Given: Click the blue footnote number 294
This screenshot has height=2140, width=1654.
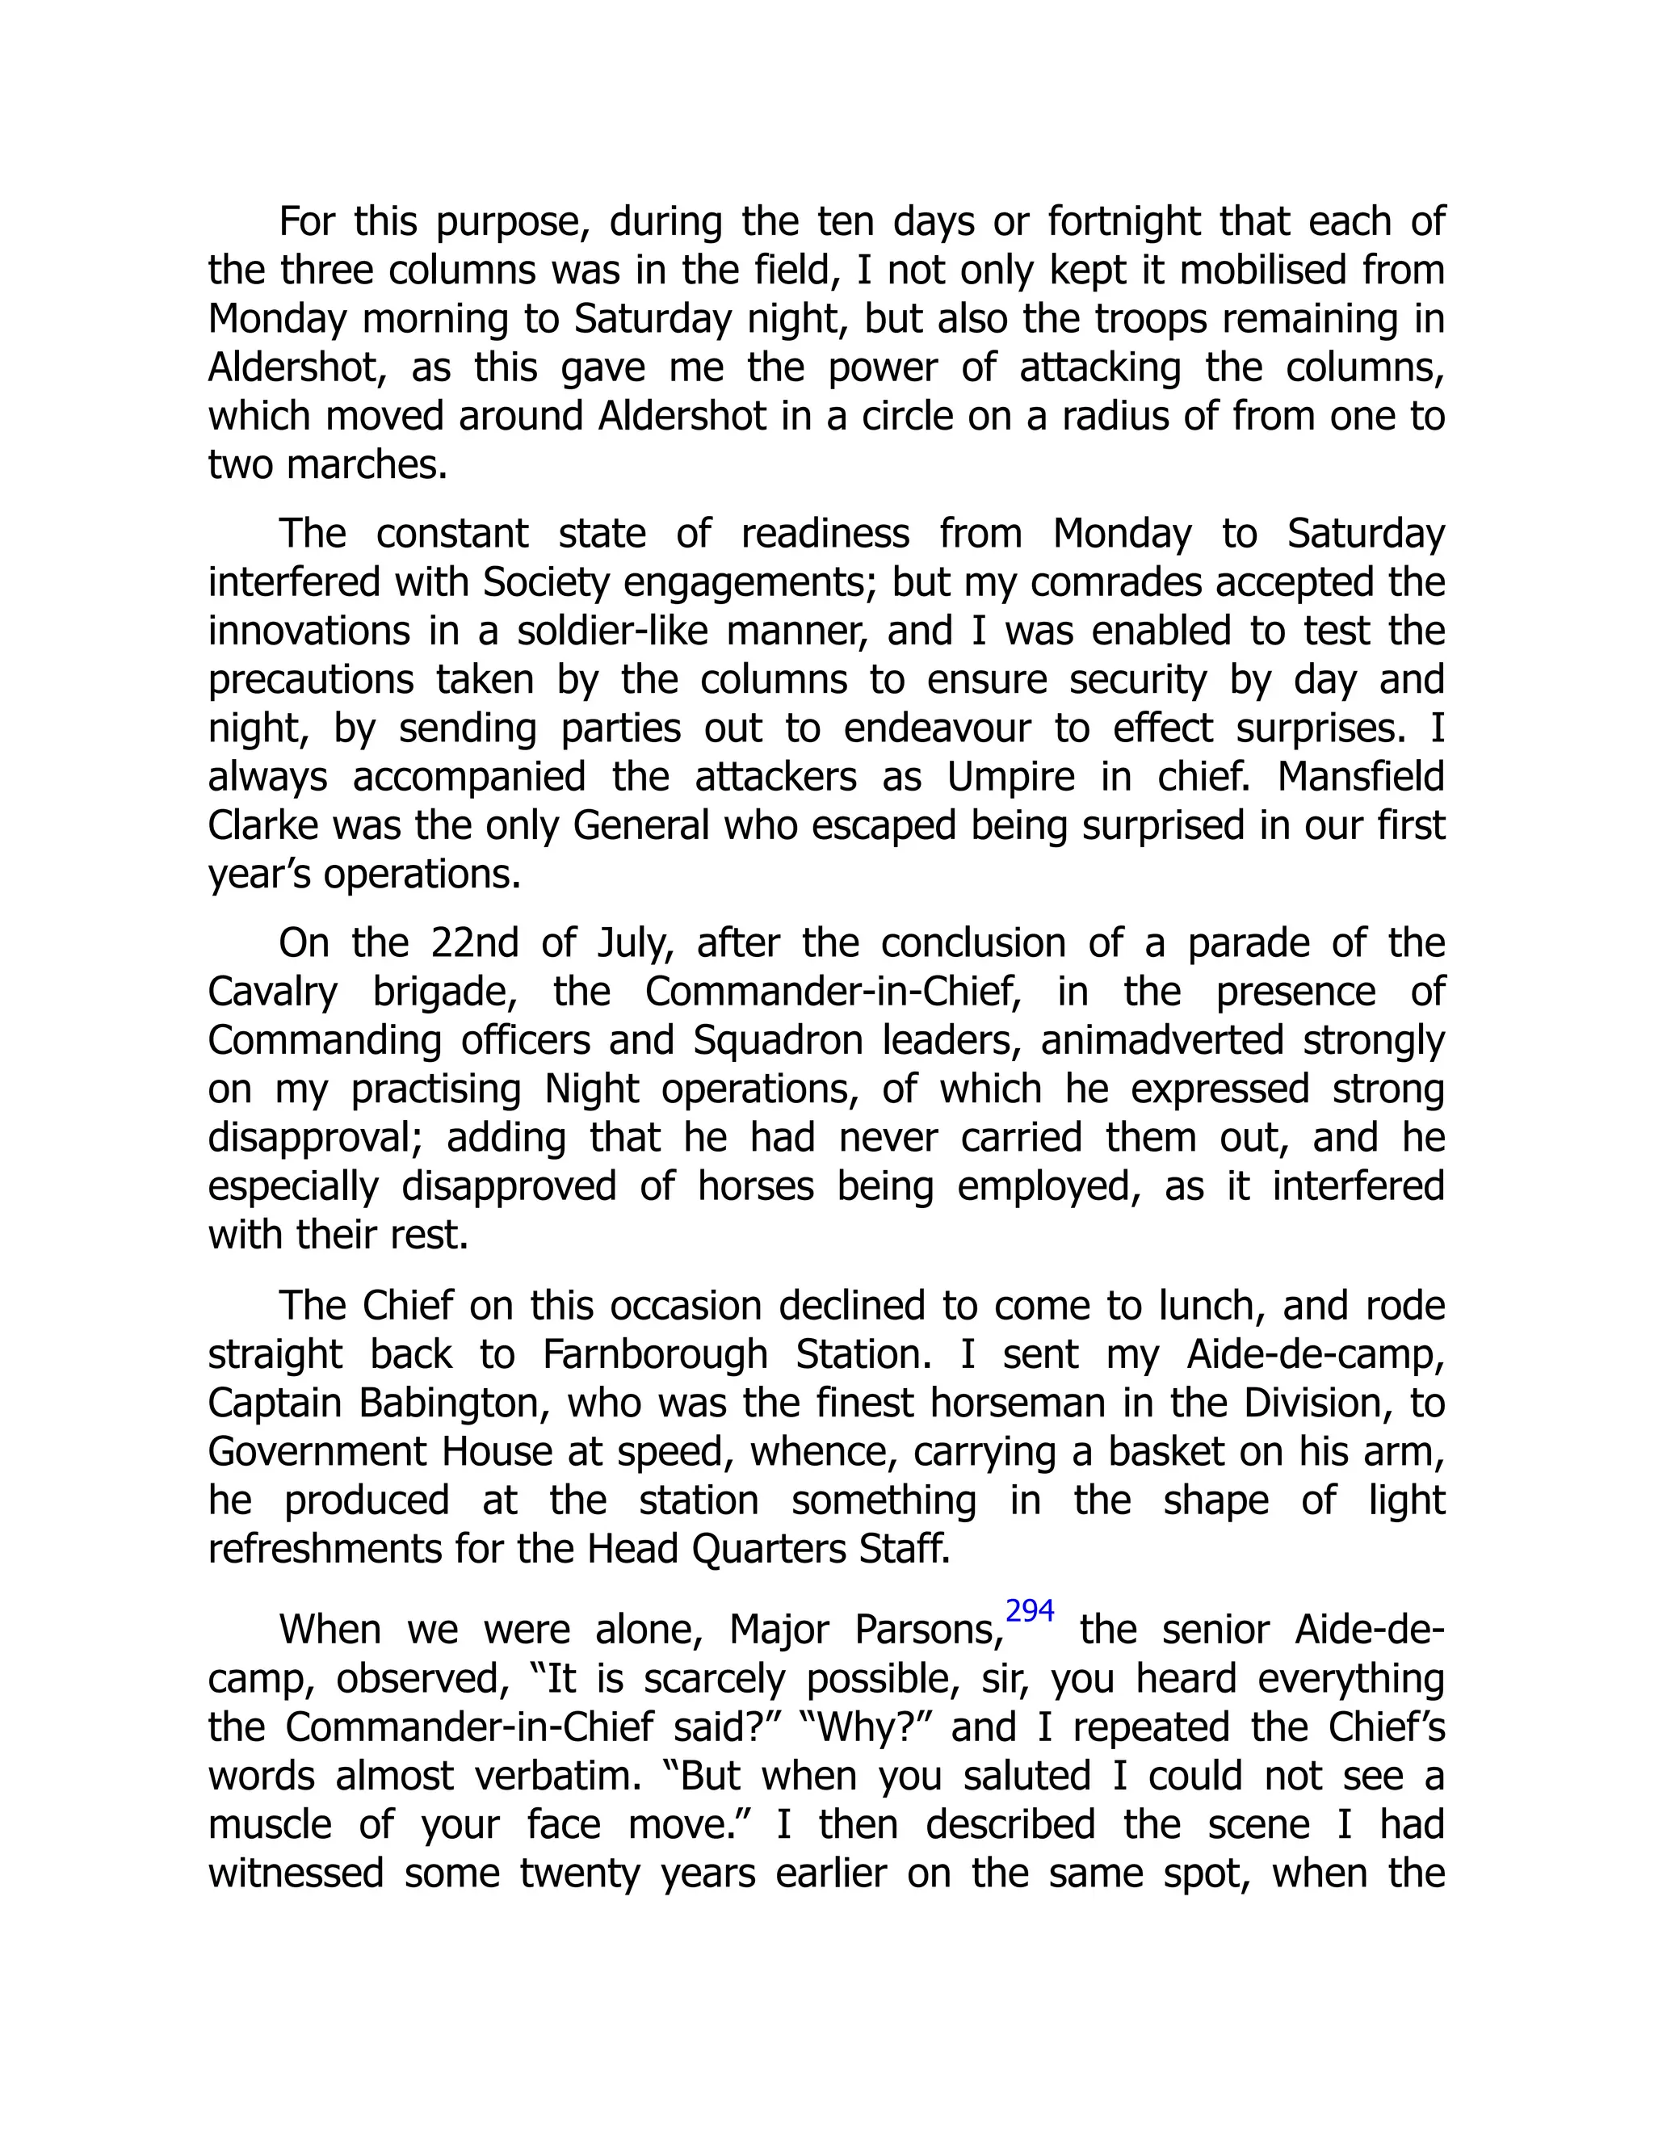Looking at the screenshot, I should [1029, 1611].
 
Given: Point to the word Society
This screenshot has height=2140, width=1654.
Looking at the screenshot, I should [546, 582].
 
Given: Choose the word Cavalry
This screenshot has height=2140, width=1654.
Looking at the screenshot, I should [272, 992].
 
